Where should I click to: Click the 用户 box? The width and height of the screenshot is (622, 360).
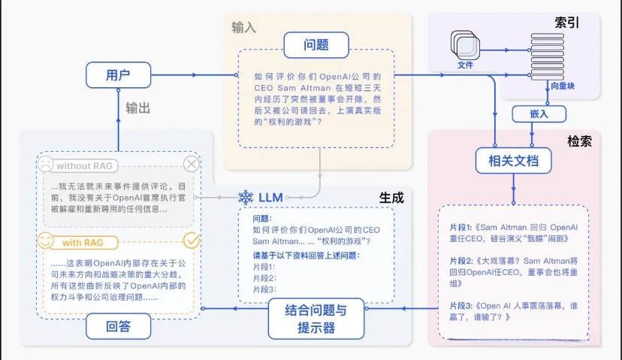click(118, 75)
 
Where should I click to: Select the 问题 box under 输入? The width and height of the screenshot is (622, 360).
click(316, 44)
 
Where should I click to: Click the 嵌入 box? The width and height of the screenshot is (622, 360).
click(534, 113)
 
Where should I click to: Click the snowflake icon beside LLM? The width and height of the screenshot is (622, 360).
click(245, 198)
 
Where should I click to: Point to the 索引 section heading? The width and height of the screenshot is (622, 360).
click(566, 23)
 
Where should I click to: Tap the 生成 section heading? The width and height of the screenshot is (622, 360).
click(391, 198)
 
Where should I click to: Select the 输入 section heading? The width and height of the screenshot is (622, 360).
click(244, 27)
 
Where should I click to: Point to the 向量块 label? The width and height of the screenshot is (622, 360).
click(562, 86)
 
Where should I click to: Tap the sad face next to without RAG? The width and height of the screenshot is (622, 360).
click(46, 164)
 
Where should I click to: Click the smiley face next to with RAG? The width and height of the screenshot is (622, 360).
click(46, 242)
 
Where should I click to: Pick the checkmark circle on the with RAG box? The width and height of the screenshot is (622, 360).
click(192, 241)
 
